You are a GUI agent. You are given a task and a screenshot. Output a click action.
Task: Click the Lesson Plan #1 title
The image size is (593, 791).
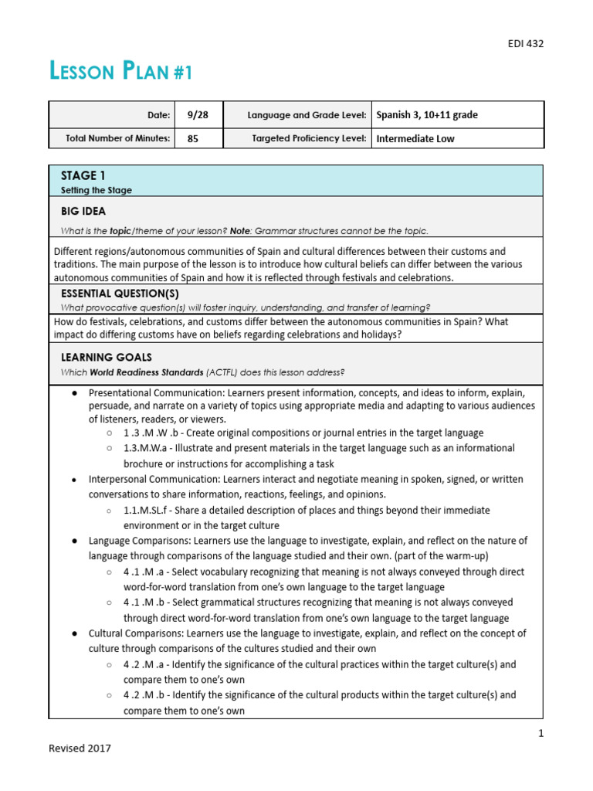coord(121,73)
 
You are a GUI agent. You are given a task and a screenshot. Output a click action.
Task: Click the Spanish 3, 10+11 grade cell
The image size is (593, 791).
coord(427,115)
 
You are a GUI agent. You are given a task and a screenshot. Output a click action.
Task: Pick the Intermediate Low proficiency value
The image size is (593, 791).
coord(415,139)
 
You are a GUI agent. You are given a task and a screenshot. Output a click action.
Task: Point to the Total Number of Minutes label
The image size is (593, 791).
coord(120,139)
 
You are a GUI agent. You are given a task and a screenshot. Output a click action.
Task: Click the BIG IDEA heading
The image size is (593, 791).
coord(83,211)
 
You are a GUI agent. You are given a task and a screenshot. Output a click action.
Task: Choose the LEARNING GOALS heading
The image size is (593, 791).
coord(107,358)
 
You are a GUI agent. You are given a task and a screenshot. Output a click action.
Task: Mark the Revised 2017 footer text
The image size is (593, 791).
coord(80,748)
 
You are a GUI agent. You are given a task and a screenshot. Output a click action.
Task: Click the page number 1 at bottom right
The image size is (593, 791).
coord(540,733)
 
